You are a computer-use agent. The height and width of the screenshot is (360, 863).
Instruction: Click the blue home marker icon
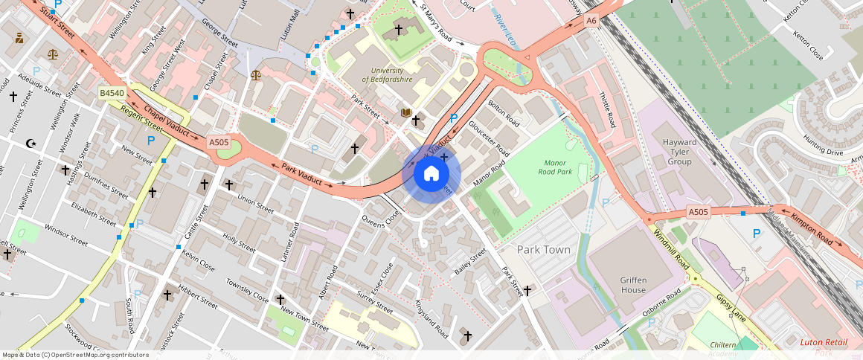click(x=431, y=174)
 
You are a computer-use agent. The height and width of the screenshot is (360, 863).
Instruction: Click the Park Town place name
click(x=543, y=250)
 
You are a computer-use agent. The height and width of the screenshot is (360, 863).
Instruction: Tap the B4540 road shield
click(x=112, y=93)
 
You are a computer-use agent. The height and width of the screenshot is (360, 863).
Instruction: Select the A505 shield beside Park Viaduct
click(x=219, y=142)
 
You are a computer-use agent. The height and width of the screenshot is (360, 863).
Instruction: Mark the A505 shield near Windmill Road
click(x=698, y=212)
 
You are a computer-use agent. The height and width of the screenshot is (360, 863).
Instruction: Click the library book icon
click(x=405, y=113)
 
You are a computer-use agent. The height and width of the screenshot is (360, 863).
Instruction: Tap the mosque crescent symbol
click(x=31, y=143)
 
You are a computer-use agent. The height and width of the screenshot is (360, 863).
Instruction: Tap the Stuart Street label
click(x=59, y=24)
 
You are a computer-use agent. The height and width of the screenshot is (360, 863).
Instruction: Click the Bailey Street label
click(x=470, y=263)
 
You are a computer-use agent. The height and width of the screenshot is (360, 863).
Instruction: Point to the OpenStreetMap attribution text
click(x=75, y=355)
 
